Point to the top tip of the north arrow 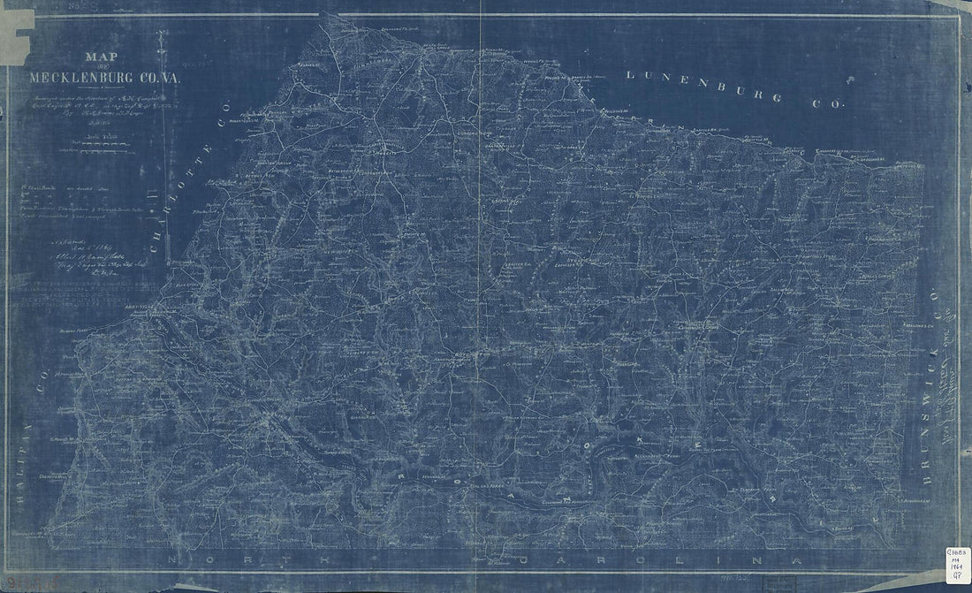(x=161, y=34)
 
